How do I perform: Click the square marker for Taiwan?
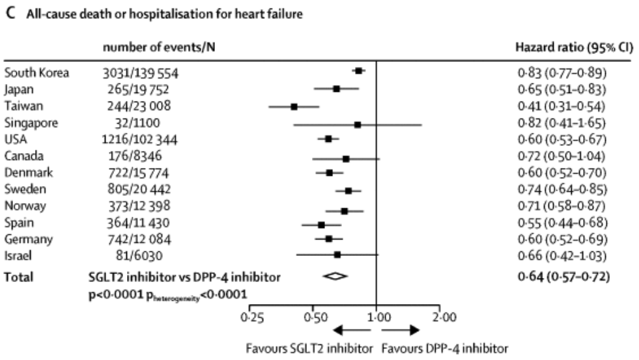[294, 105]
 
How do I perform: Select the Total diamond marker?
[335, 276]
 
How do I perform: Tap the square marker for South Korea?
[358, 71]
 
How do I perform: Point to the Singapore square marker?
[358, 122]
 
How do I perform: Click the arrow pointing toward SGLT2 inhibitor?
[352, 331]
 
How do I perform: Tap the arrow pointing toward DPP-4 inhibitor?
[404, 331]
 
